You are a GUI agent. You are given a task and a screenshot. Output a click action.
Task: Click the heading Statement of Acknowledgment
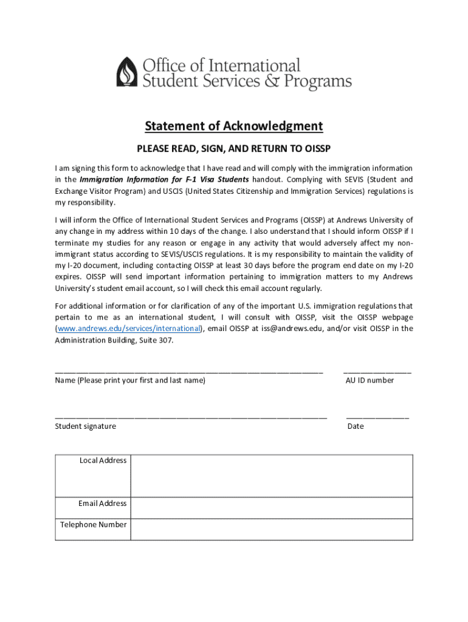[x=233, y=126]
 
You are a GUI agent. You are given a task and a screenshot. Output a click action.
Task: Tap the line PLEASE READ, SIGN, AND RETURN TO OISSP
[x=233, y=148]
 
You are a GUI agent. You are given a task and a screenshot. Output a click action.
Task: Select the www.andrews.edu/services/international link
[x=129, y=329]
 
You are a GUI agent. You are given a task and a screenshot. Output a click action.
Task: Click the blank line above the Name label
[x=188, y=371]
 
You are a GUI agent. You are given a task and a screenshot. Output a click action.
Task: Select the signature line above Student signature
[x=191, y=417]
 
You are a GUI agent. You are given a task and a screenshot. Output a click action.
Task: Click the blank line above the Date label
[x=377, y=417]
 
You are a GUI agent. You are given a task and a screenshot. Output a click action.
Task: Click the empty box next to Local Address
[x=272, y=476]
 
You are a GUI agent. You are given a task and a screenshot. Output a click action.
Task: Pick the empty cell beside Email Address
[x=272, y=508]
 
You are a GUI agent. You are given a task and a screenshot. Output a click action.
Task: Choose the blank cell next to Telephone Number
[x=272, y=529]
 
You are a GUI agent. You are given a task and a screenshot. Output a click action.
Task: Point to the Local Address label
[x=103, y=460]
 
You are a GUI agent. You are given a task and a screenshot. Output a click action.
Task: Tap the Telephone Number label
[x=94, y=525]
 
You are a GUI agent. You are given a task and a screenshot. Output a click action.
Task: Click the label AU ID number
[x=370, y=380]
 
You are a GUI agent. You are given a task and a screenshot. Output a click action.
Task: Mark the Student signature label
[x=86, y=426]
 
